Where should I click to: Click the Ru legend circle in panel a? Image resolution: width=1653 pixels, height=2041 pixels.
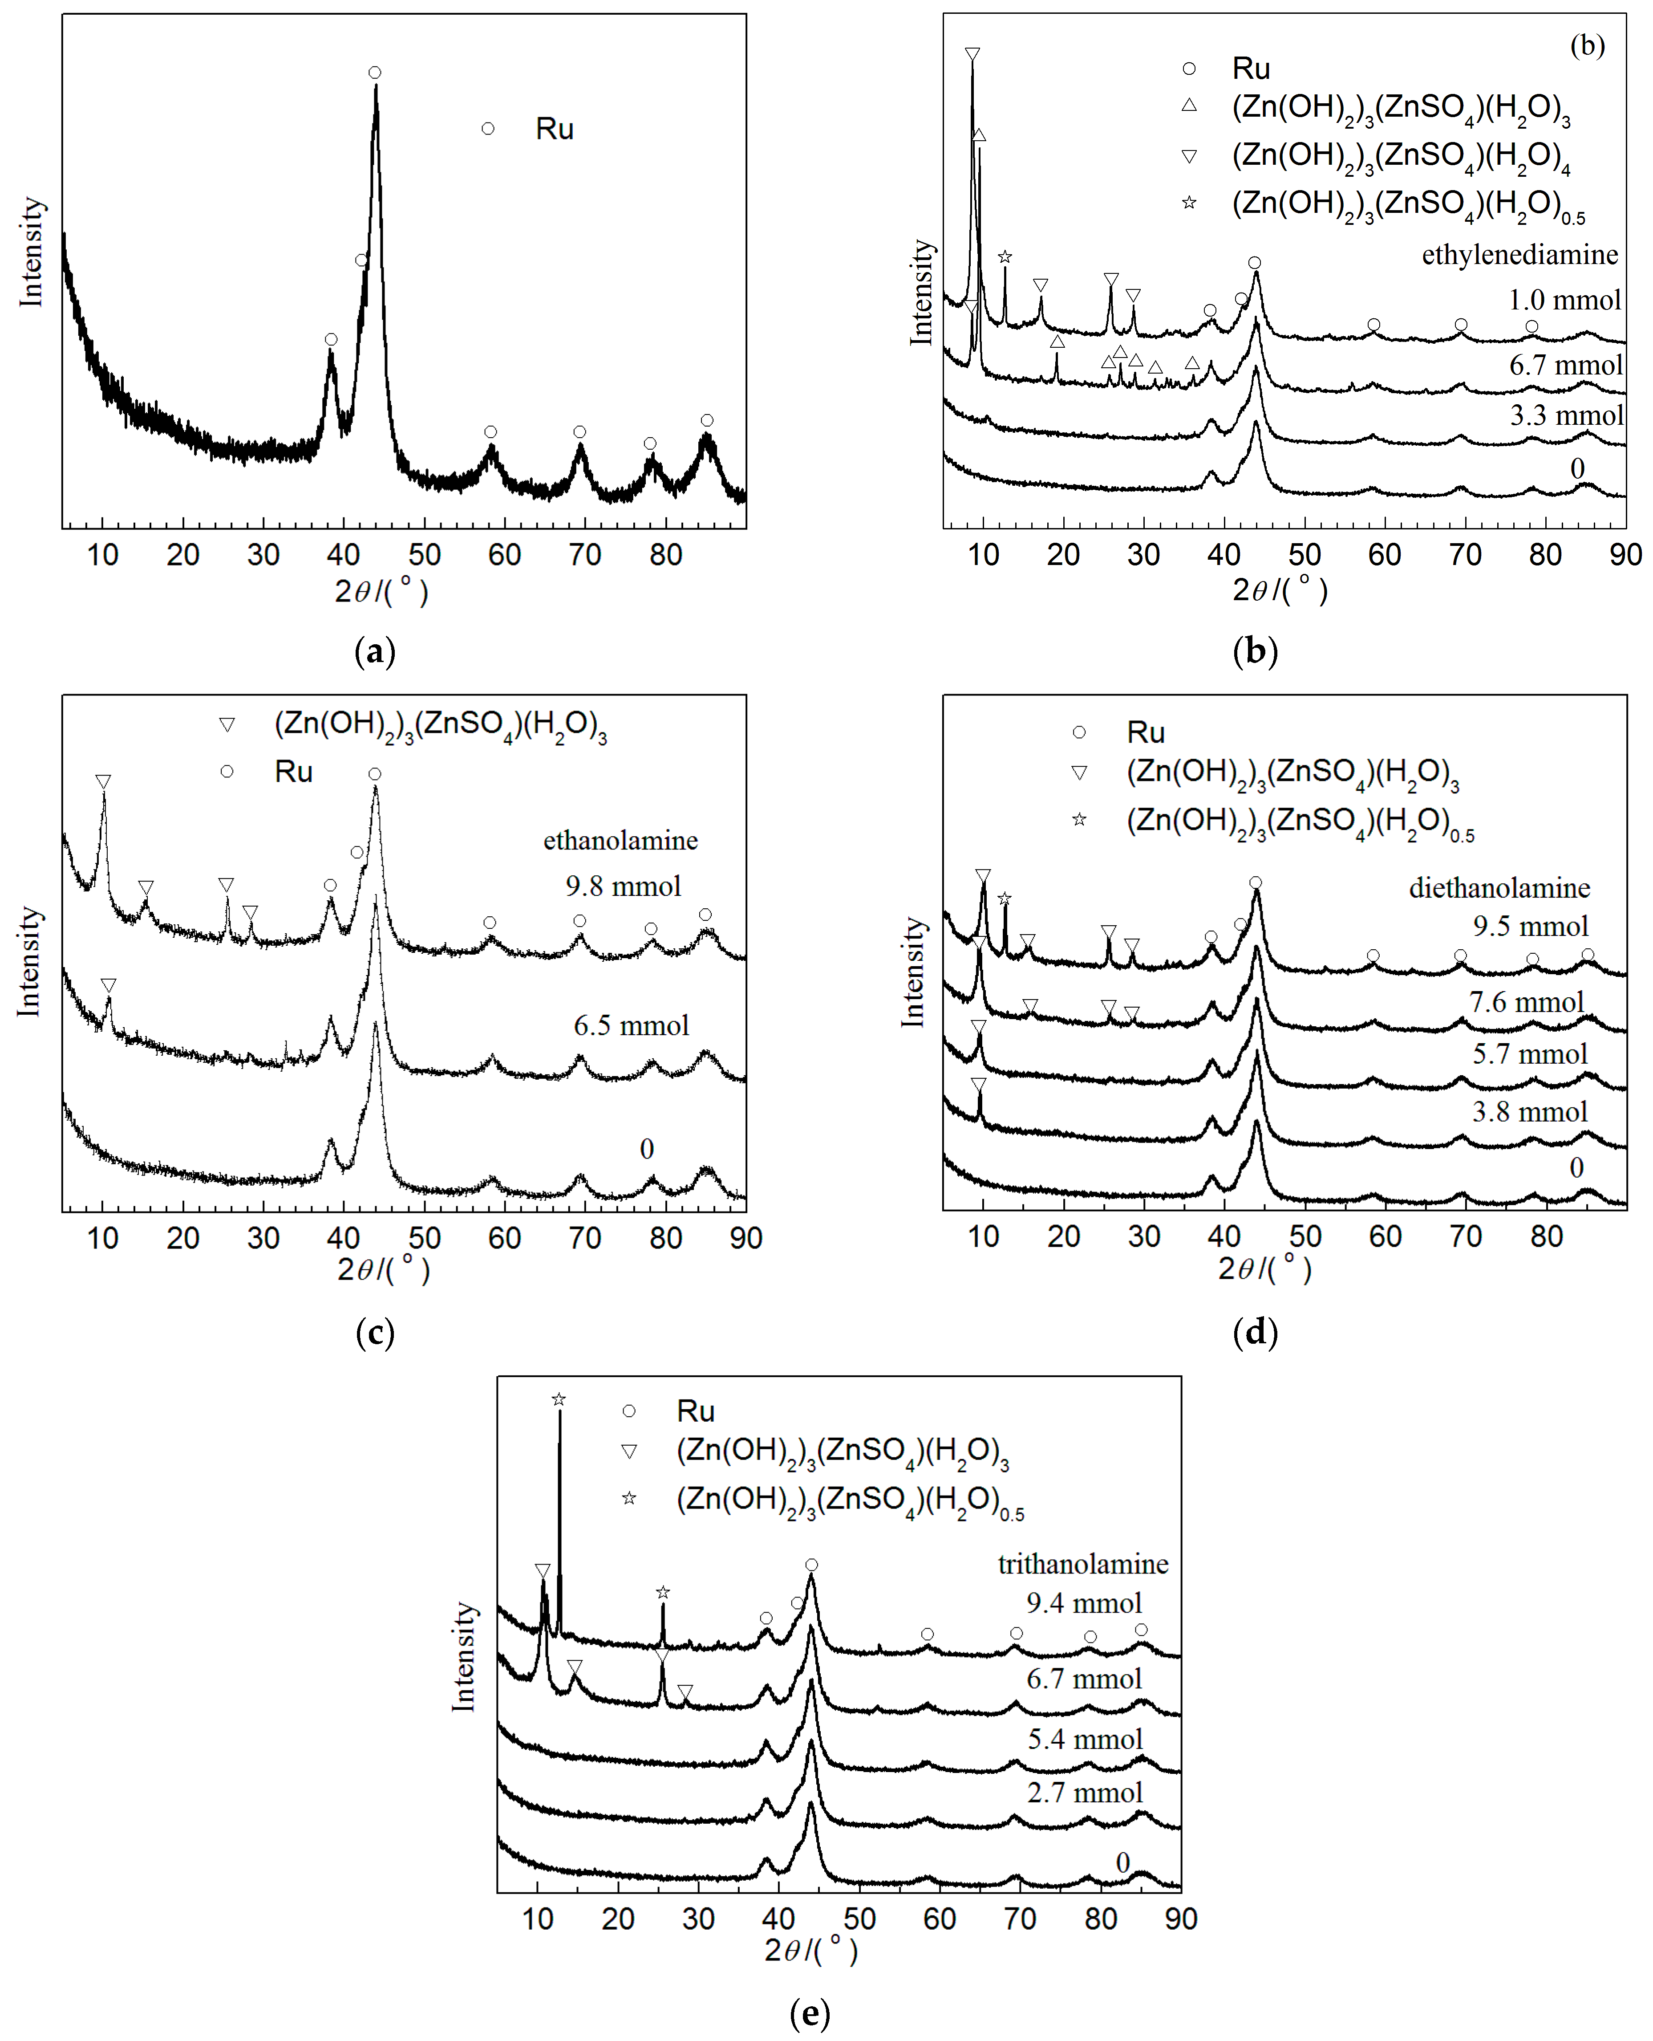(x=487, y=129)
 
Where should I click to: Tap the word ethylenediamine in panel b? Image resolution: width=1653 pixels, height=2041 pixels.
(x=1519, y=255)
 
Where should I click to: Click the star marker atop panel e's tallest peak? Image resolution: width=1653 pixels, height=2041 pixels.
(x=559, y=1399)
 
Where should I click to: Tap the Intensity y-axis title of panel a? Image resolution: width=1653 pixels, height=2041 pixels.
(x=32, y=252)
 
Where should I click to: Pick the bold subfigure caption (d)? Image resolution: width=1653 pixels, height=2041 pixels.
(x=1255, y=1331)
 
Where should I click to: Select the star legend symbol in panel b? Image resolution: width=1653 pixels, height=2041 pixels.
(x=1188, y=203)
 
